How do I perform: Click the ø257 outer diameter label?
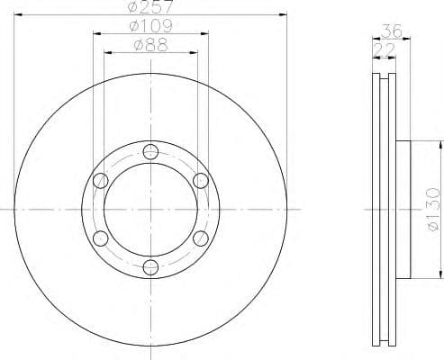pyautogui.click(x=149, y=7)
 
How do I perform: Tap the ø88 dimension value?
pyautogui.click(x=150, y=44)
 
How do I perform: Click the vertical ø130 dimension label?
pyautogui.click(x=431, y=210)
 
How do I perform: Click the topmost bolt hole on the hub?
pyautogui.click(x=150, y=151)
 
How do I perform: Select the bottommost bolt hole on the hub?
pyautogui.click(x=150, y=266)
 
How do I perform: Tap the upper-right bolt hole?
pyautogui.click(x=200, y=181)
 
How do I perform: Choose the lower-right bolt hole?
pyautogui.click(x=200, y=238)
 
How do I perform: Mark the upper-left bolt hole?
pyautogui.click(x=100, y=181)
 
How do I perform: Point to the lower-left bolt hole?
pyautogui.click(x=100, y=238)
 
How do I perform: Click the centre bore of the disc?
pyautogui.click(x=150, y=209)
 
